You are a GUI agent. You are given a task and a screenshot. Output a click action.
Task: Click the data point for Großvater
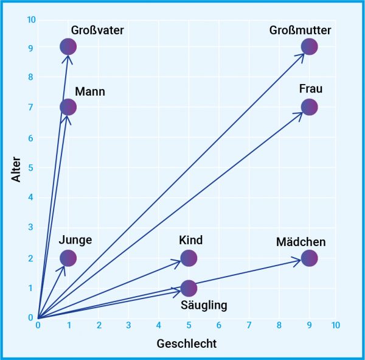click(x=68, y=46)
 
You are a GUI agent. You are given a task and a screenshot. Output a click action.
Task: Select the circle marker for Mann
click(x=68, y=107)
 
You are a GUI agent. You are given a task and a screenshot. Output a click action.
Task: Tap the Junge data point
click(x=68, y=258)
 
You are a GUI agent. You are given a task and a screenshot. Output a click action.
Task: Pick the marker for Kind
click(x=189, y=258)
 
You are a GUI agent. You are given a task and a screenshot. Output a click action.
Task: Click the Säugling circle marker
click(x=189, y=288)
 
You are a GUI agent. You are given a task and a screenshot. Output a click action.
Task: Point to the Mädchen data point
click(x=309, y=258)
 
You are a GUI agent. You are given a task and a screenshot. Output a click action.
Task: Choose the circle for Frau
click(x=309, y=107)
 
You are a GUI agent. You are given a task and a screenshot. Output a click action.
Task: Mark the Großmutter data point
click(x=309, y=46)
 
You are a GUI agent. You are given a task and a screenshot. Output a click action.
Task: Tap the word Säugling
click(x=204, y=305)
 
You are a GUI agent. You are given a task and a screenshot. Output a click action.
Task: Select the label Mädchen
click(x=301, y=242)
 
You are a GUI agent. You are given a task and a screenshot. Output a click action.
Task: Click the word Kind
click(x=190, y=240)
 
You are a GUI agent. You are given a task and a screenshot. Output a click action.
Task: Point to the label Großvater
click(x=97, y=30)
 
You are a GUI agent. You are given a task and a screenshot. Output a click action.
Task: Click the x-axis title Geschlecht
click(x=187, y=343)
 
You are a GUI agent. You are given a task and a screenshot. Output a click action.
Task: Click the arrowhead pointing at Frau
click(x=301, y=113)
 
